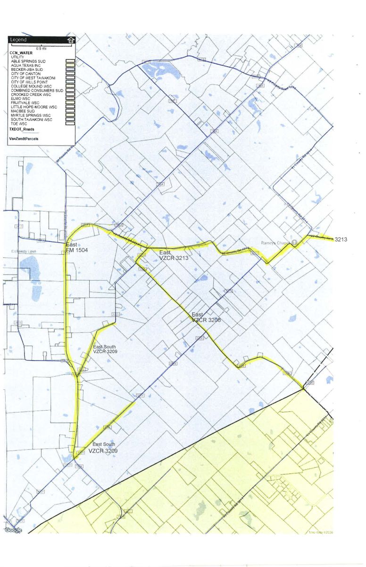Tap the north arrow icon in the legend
click(x=71, y=40)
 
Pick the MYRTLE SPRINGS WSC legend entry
click(x=31, y=115)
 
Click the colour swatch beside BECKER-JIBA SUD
click(x=70, y=69)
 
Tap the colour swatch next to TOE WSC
click(x=70, y=123)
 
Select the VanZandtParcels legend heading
click(x=24, y=139)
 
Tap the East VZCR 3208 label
click(x=206, y=317)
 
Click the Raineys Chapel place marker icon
click(x=294, y=242)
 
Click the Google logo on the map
click(x=13, y=530)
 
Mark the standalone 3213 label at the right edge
click(x=341, y=240)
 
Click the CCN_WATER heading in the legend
click(x=21, y=53)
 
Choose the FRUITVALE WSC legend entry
click(x=25, y=102)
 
